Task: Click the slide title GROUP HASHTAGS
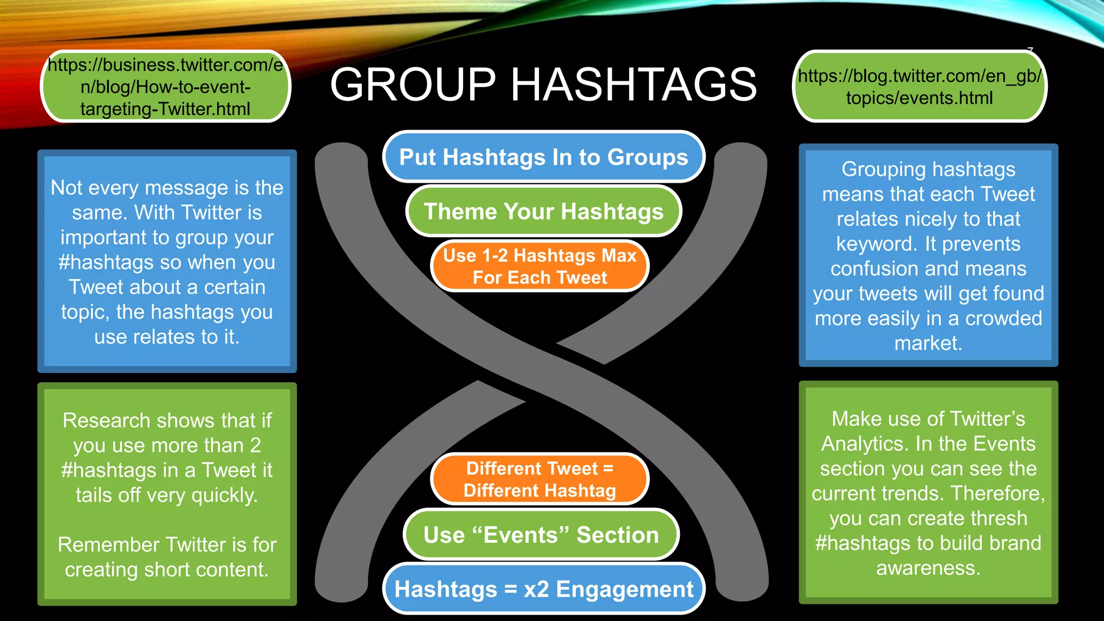click(543, 85)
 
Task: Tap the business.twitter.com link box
click(165, 87)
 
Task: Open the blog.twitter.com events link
click(919, 87)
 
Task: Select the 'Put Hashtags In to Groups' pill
click(543, 157)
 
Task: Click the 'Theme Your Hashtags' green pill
click(543, 211)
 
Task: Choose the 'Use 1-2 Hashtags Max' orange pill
click(540, 266)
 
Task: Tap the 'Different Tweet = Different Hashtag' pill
click(540, 479)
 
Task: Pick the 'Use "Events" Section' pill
click(541, 535)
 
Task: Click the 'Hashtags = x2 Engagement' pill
click(543, 589)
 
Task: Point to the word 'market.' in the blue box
click(928, 343)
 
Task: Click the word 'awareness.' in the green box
click(928, 568)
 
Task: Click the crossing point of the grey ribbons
click(541, 372)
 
